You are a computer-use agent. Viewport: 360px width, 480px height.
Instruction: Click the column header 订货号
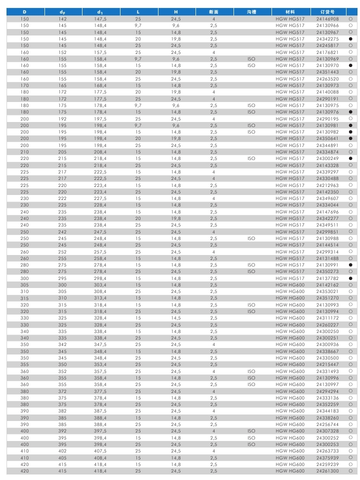(x=327, y=11)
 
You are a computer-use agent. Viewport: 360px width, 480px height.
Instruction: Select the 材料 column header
(x=289, y=11)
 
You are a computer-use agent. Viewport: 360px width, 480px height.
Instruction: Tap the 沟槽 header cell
(x=251, y=11)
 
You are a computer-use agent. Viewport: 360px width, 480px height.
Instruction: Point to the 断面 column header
(x=213, y=11)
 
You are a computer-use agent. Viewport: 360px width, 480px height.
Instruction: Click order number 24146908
(x=327, y=18)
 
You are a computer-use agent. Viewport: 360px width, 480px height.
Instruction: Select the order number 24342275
(x=327, y=38)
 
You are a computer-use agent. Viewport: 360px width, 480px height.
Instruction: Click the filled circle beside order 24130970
(x=351, y=65)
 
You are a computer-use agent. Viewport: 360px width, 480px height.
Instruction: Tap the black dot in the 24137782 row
(x=351, y=278)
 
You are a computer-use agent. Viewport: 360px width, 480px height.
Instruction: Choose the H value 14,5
(x=175, y=317)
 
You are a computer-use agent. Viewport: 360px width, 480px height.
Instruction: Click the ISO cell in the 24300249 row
(x=251, y=158)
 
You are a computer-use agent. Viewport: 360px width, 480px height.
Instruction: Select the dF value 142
(x=62, y=18)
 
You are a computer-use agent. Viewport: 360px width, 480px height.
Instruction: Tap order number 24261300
(x=327, y=470)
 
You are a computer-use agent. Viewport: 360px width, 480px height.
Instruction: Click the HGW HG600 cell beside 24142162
(x=289, y=284)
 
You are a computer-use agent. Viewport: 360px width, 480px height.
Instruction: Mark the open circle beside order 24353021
(x=351, y=291)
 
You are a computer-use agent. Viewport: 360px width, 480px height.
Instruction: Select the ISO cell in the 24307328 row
(x=251, y=430)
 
